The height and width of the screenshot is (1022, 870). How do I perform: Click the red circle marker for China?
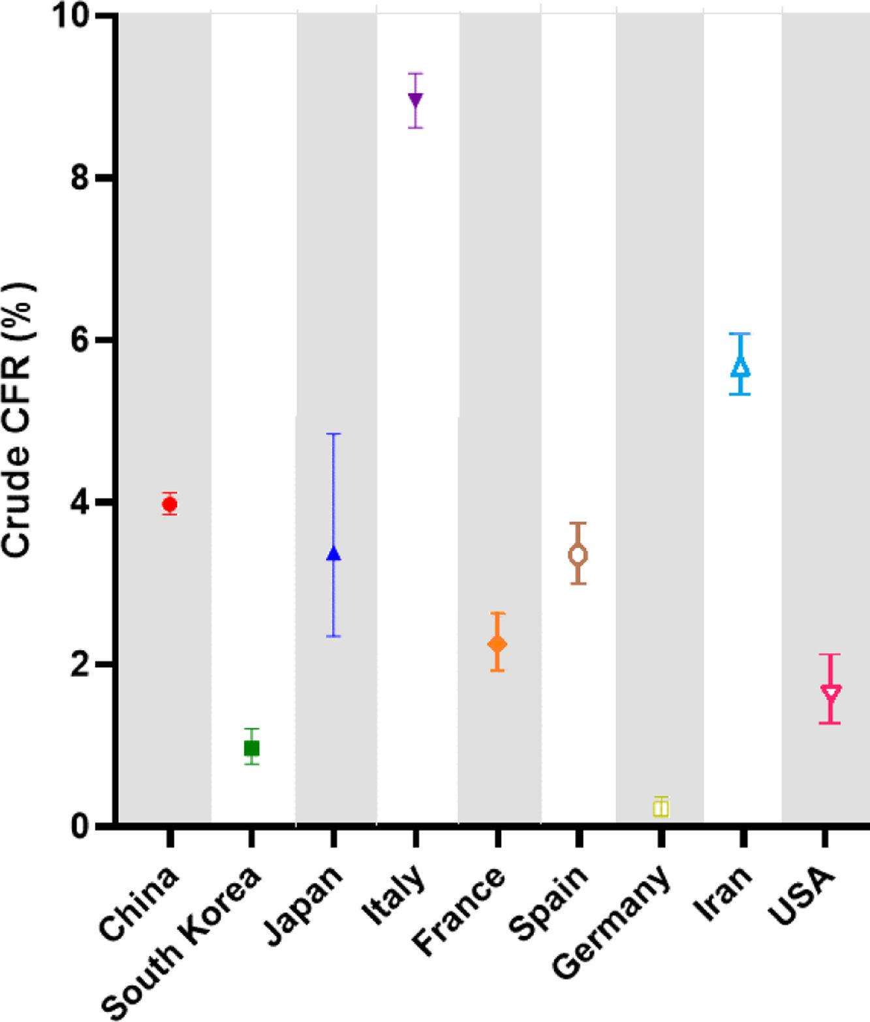170,504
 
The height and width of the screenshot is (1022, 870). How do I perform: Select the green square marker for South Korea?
251,747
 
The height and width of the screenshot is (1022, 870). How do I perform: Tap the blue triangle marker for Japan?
334,553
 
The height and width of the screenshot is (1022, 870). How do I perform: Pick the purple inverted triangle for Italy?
415,100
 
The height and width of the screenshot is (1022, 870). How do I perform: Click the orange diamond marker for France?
497,643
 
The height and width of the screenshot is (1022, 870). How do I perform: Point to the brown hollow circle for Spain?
578,555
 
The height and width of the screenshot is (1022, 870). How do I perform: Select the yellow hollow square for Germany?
660,808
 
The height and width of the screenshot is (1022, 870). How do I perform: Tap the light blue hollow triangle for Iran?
741,366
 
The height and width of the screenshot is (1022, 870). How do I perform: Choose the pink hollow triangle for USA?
830,693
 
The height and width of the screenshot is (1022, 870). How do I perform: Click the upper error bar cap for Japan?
334,434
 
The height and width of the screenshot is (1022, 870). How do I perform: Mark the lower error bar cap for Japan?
334,636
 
